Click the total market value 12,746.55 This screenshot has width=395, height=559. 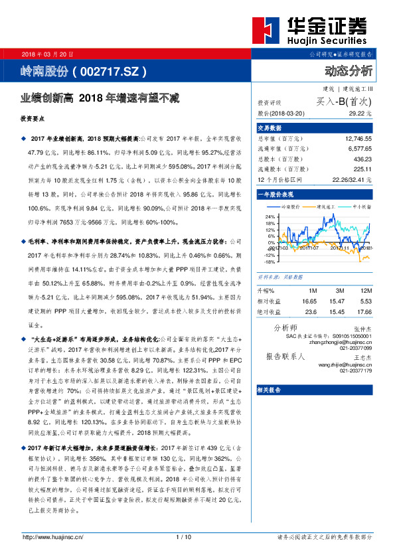[x=358, y=138]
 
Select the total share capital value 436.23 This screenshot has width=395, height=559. [x=362, y=159]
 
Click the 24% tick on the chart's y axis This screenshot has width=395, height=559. [x=270, y=216]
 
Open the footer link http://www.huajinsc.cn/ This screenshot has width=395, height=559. [x=53, y=555]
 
